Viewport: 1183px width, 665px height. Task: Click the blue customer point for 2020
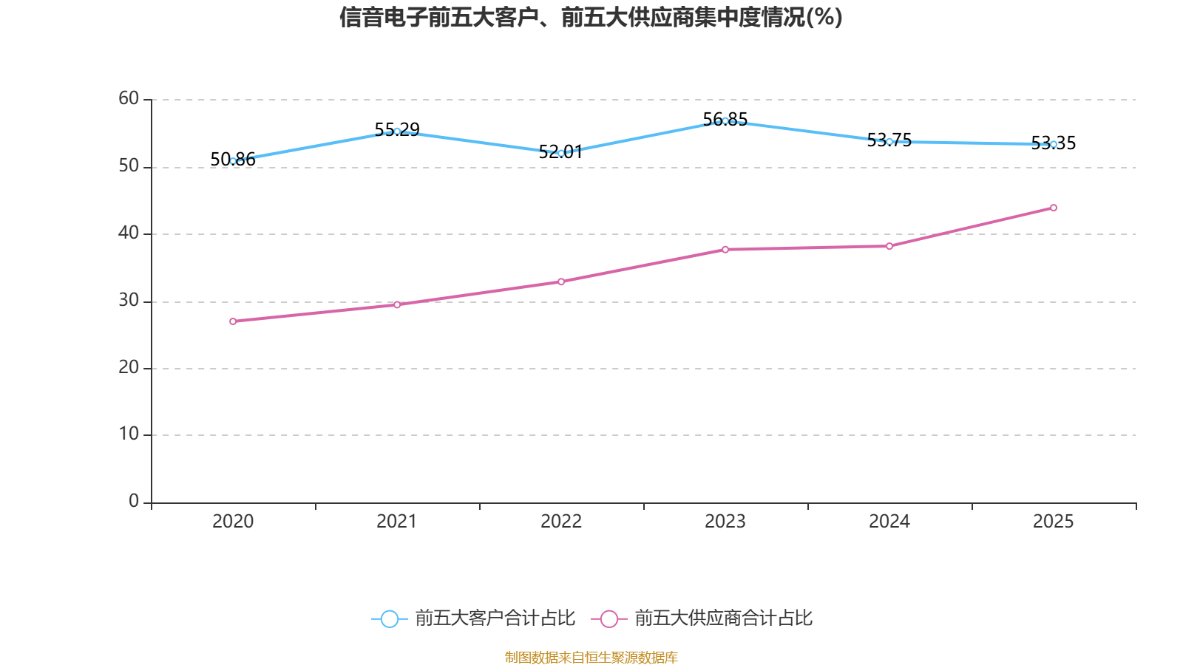tap(233, 161)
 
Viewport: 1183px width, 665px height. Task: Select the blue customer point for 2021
tap(397, 132)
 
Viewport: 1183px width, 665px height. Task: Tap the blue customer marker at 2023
tap(725, 120)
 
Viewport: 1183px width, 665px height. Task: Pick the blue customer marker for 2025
tap(1054, 144)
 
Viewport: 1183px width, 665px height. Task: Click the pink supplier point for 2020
tap(233, 321)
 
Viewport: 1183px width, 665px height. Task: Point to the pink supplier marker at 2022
tap(561, 282)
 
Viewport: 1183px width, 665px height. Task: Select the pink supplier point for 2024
tap(889, 246)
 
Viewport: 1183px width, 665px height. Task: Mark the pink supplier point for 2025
tap(1054, 208)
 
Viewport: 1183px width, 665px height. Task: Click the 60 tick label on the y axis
tap(129, 98)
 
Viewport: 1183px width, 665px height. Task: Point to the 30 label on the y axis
tap(129, 300)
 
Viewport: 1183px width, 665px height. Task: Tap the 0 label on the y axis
tap(134, 501)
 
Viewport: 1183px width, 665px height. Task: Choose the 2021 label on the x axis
tap(397, 522)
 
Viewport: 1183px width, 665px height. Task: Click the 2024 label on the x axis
tap(889, 522)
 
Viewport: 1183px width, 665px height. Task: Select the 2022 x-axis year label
tap(561, 522)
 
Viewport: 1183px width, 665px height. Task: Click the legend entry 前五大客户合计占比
tap(494, 618)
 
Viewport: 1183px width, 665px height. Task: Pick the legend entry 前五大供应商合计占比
tap(723, 618)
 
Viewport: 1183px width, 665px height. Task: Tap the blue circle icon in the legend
tap(389, 619)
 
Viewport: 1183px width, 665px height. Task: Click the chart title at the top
tap(591, 17)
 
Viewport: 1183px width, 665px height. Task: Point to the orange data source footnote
tap(591, 657)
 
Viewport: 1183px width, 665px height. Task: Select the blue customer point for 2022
tap(561, 153)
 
